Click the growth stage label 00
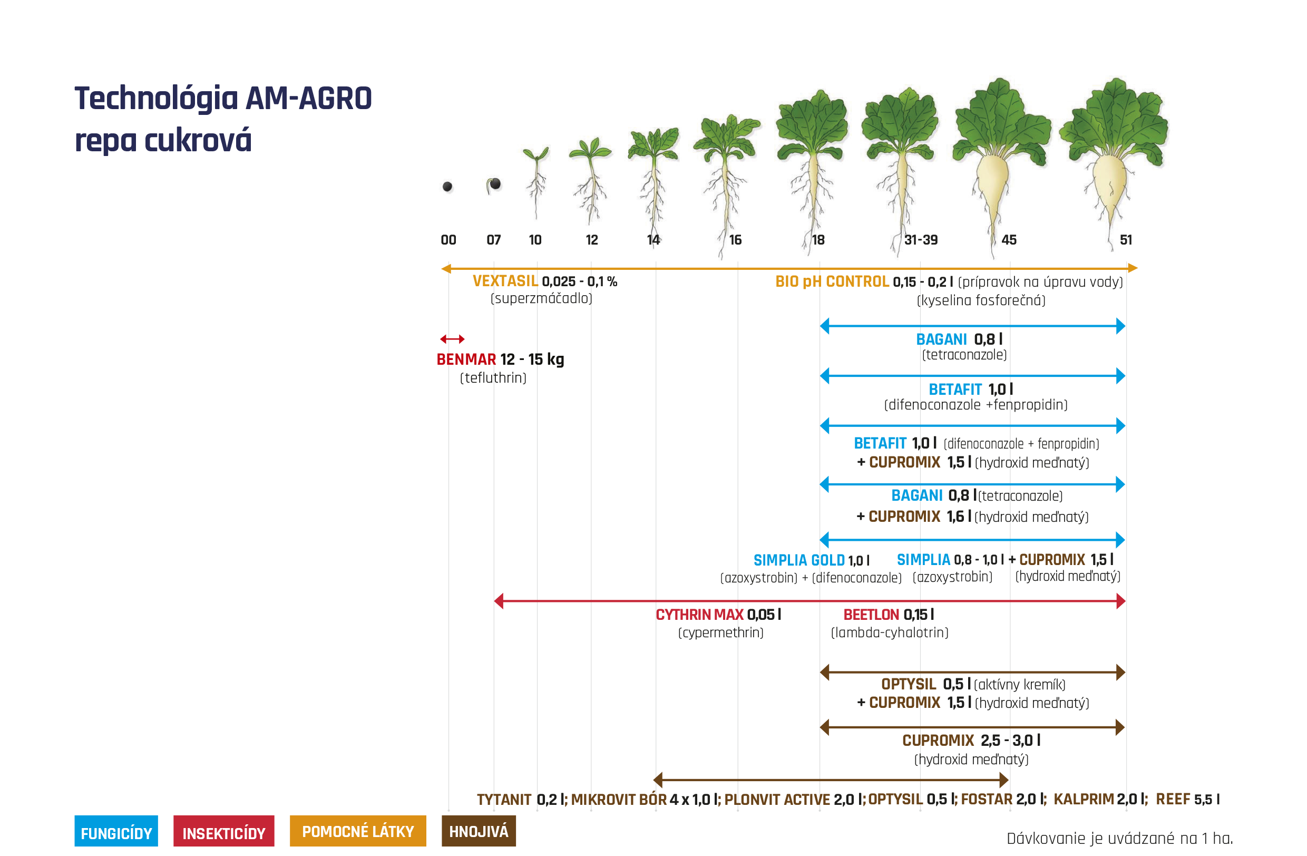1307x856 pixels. pyautogui.click(x=448, y=240)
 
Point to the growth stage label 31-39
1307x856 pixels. pyautogui.click(x=921, y=240)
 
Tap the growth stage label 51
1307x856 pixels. pyautogui.click(x=1126, y=240)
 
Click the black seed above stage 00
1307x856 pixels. pyautogui.click(x=447, y=187)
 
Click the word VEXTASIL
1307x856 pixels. pyautogui.click(x=505, y=281)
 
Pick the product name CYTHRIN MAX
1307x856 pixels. pyautogui.click(x=700, y=615)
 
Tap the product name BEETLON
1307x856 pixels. pyautogui.click(x=871, y=615)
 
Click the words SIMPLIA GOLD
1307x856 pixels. pyautogui.click(x=799, y=560)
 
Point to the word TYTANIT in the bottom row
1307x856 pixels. pyautogui.click(x=504, y=800)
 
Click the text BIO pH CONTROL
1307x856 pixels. pyautogui.click(x=832, y=281)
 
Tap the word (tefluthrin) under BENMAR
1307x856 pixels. pyautogui.click(x=493, y=378)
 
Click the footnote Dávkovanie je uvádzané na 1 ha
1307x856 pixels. pyautogui.click(x=1120, y=839)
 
